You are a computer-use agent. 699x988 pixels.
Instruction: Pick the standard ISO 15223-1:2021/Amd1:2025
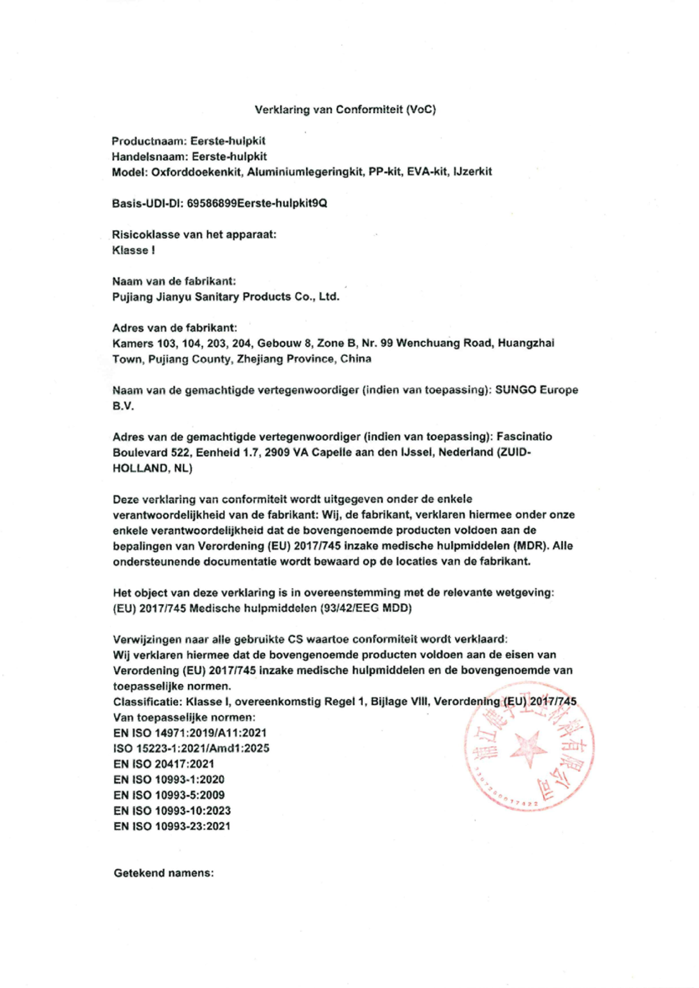[x=191, y=748]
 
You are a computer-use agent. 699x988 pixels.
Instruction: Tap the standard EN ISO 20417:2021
[x=163, y=764]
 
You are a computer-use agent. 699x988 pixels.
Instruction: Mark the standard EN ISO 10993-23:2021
[x=172, y=826]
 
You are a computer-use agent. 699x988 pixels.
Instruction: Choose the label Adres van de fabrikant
[x=174, y=328]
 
